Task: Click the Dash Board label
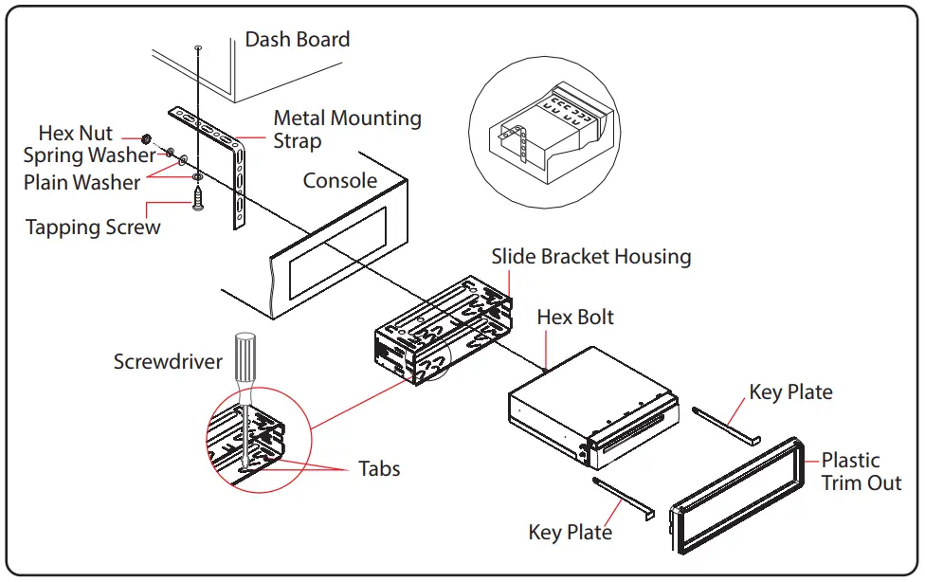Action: click(x=297, y=40)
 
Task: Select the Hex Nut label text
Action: click(x=75, y=134)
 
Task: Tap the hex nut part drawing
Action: click(x=147, y=140)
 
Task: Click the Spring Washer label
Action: click(x=89, y=155)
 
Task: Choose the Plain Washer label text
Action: click(x=82, y=182)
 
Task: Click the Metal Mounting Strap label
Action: click(x=347, y=130)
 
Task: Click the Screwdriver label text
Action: click(x=168, y=362)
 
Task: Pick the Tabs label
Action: click(x=379, y=468)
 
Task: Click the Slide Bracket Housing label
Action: click(x=590, y=257)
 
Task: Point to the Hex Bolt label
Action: click(x=575, y=317)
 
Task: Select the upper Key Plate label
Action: click(x=790, y=392)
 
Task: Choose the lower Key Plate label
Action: click(x=570, y=532)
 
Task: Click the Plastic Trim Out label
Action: click(x=861, y=471)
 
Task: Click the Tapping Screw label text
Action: click(x=93, y=227)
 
